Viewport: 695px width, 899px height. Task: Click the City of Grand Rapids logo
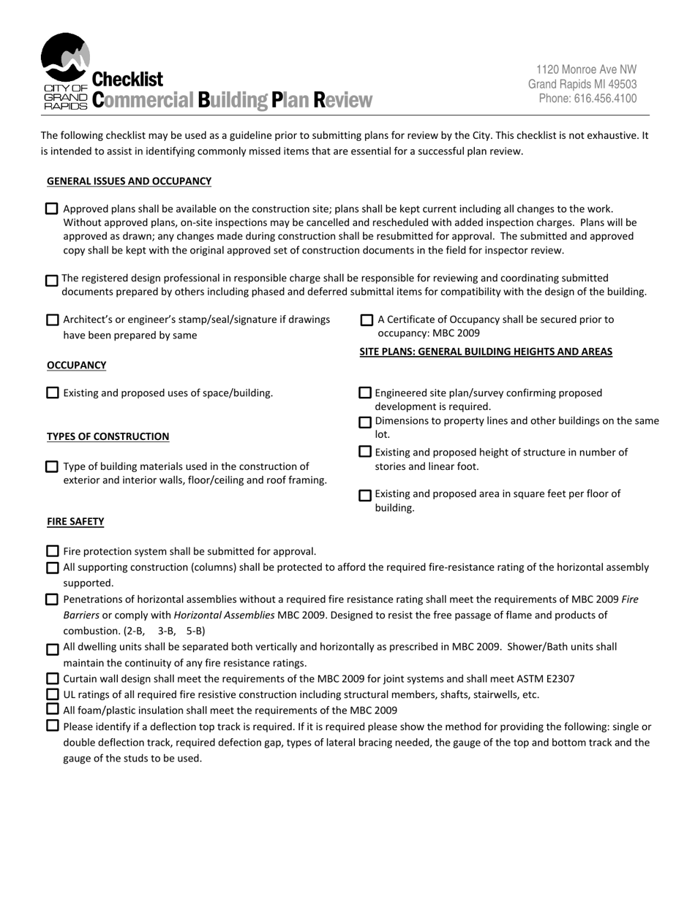65,70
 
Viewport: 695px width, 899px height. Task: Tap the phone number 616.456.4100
587,99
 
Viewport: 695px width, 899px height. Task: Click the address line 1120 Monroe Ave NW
586,69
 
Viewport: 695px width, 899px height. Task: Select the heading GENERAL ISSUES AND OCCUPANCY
129,181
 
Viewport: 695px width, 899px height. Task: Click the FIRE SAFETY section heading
75,522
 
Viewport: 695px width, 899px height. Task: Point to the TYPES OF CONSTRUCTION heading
108,436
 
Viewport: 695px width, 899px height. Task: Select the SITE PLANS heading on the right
486,352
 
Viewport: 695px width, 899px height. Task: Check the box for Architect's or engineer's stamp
52,319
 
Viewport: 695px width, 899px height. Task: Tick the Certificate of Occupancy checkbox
367,319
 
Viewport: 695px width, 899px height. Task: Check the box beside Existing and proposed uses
52,393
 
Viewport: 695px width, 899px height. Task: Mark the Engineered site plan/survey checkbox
365,393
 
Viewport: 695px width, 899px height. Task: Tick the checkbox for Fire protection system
52,551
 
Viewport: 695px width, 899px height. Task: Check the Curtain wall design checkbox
52,678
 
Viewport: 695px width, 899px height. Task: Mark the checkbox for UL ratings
52,694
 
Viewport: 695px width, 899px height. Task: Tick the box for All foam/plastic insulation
52,709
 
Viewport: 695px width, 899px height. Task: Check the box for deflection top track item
52,726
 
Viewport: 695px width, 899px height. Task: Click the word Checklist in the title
128,79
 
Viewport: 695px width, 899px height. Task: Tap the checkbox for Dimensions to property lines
365,422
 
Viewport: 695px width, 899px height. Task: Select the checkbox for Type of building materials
52,466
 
